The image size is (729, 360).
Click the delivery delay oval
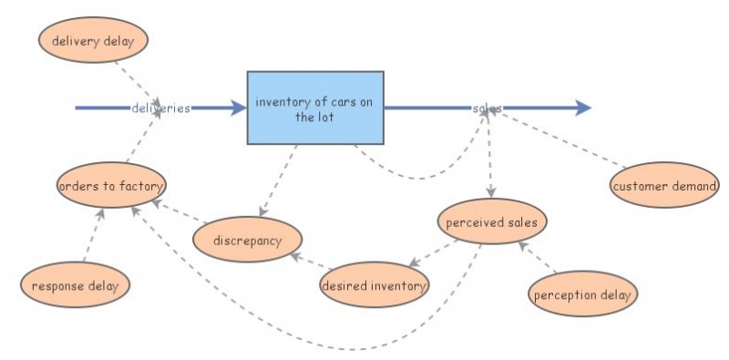[93, 40]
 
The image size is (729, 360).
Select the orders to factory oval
[111, 185]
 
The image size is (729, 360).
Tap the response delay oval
[75, 284]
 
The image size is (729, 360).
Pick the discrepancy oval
[247, 240]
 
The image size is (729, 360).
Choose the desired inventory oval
[375, 284]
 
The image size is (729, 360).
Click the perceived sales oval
[492, 221]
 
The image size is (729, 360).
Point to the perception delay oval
[582, 294]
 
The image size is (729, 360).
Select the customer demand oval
[664, 185]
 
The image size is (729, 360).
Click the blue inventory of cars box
[315, 108]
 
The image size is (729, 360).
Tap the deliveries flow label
[161, 108]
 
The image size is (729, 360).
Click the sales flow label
[488, 108]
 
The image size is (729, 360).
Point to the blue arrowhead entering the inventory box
[239, 108]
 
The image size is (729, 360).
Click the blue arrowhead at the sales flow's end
[583, 108]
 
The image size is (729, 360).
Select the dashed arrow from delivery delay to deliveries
[138, 84]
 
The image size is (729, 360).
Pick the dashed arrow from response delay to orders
[93, 235]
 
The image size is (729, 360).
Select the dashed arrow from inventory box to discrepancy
[278, 180]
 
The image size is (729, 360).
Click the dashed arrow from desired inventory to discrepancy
[311, 262]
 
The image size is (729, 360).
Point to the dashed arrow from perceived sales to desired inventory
[433, 253]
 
